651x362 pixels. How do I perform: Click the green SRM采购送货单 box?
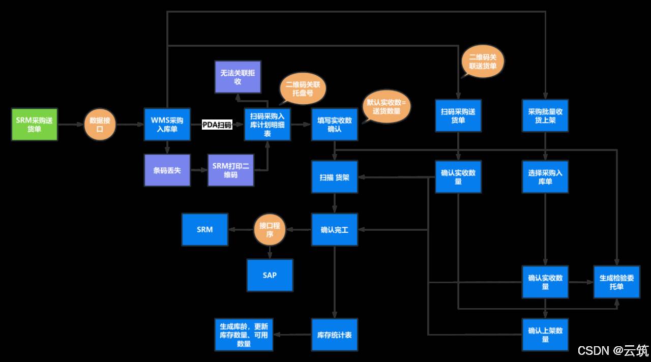click(x=35, y=125)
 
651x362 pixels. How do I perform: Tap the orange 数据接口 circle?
click(x=100, y=125)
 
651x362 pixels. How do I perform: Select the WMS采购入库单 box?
click(x=167, y=125)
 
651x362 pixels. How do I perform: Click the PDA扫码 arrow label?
click(x=217, y=125)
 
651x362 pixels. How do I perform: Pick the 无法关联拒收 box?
click(x=238, y=77)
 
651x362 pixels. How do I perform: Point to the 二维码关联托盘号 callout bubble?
click(x=302, y=89)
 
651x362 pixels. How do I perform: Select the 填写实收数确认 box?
click(x=334, y=125)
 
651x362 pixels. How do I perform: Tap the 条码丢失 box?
click(x=167, y=170)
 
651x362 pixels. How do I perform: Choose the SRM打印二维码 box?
click(x=230, y=170)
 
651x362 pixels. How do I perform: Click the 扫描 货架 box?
click(x=334, y=177)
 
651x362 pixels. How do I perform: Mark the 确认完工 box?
click(x=334, y=230)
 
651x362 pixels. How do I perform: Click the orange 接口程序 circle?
click(x=270, y=230)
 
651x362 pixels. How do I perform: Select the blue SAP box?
click(x=270, y=275)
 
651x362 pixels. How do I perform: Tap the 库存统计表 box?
click(x=334, y=335)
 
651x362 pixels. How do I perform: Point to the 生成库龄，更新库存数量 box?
click(x=244, y=335)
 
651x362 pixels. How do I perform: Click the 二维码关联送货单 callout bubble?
click(x=483, y=62)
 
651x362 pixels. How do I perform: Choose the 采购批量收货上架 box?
click(x=545, y=116)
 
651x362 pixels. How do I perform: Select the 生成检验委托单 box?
click(x=616, y=282)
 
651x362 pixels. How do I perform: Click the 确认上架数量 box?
click(x=545, y=335)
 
